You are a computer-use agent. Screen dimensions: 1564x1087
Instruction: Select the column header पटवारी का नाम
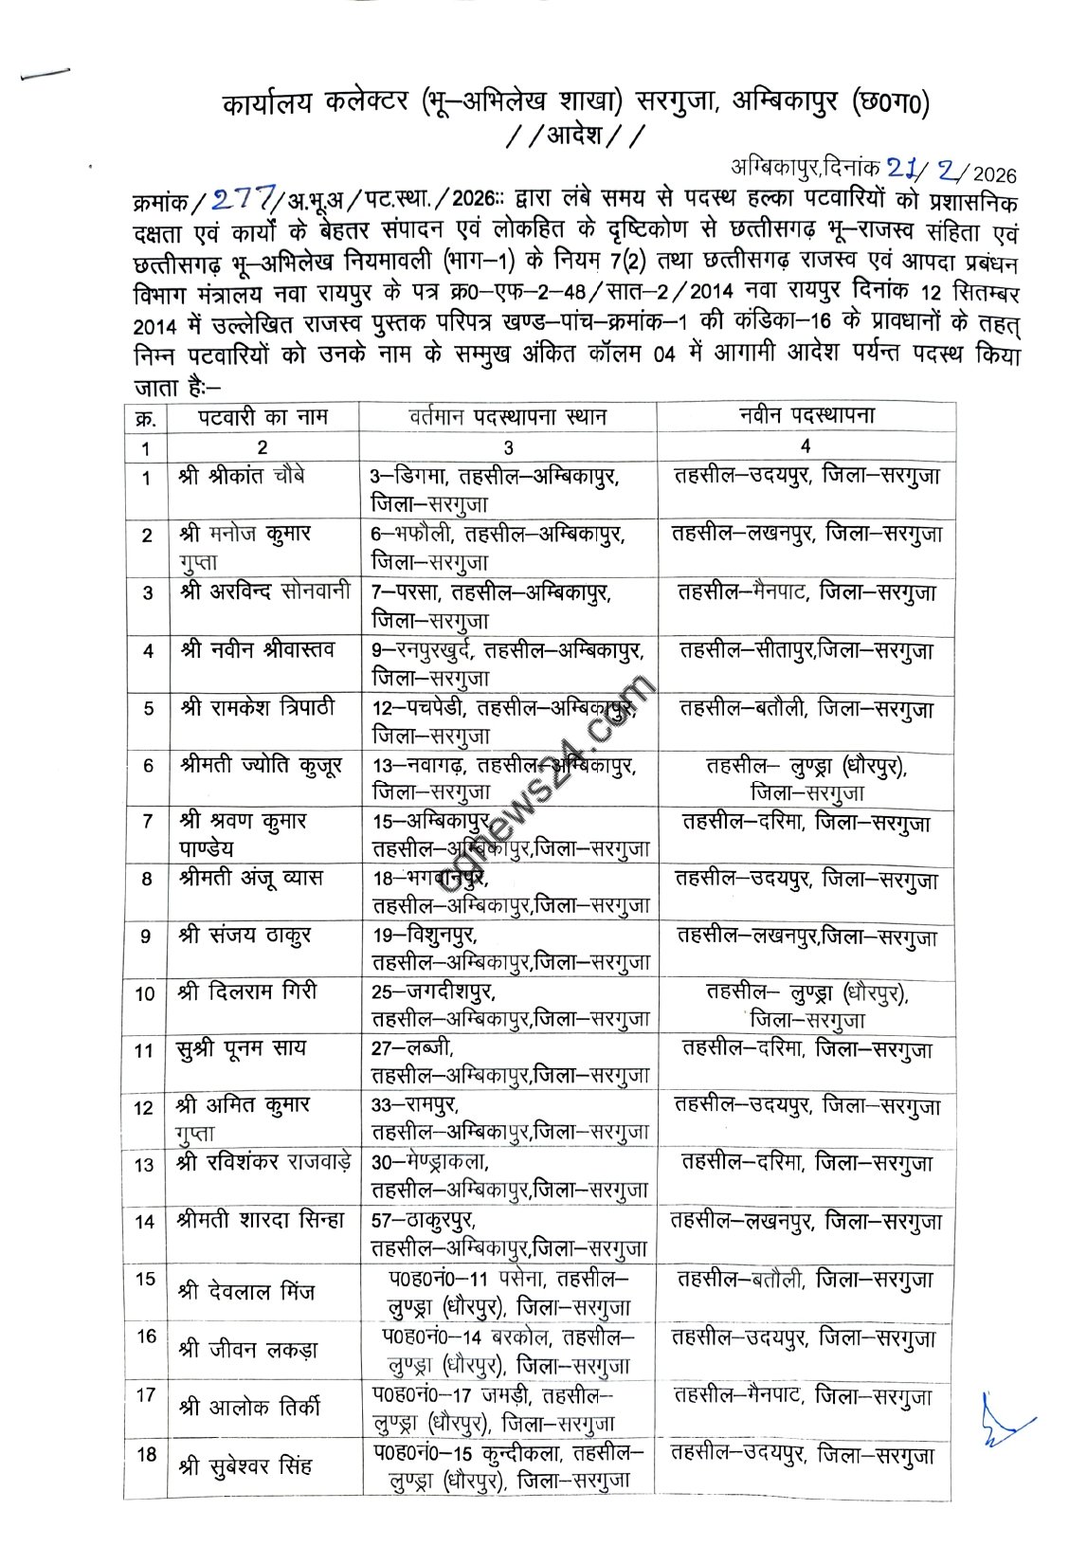point(263,417)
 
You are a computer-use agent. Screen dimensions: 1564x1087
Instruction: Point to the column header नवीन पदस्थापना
point(806,416)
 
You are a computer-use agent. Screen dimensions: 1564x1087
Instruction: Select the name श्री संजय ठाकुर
point(245,936)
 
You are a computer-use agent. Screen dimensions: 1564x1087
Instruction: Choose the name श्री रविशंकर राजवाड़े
point(264,1163)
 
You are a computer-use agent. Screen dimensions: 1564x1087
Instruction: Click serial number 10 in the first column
point(145,994)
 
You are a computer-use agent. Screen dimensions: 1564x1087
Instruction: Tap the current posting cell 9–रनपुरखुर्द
point(508,664)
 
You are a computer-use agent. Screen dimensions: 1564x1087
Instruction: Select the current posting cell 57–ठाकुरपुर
point(509,1233)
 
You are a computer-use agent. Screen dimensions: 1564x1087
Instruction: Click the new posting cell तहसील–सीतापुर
point(806,651)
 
